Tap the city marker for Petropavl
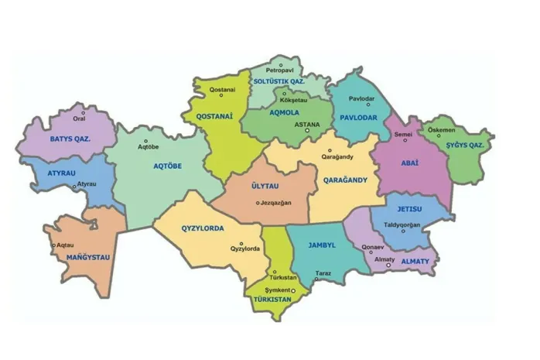(281, 64)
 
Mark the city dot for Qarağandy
(329, 150)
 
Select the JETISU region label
(409, 209)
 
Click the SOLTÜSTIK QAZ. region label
(279, 81)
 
